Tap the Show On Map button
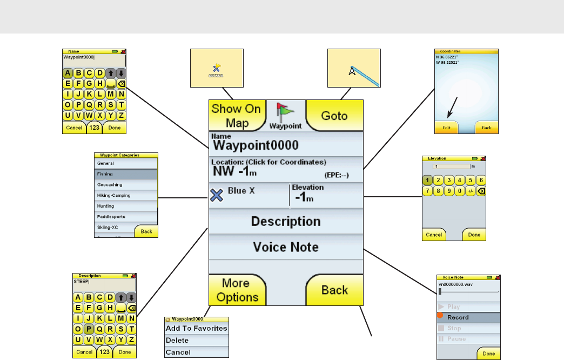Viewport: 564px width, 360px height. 236,116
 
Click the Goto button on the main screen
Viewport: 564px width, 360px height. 334,116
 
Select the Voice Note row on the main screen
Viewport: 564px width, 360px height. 286,247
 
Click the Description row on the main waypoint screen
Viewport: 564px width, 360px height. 286,222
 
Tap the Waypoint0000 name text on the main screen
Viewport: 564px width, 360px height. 256,145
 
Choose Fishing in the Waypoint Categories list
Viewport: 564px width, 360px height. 126,174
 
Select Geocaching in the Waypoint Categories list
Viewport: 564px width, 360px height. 126,185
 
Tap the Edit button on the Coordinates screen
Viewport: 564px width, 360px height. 446,128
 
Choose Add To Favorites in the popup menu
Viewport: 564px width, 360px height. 196,328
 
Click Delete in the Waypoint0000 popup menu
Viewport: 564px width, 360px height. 196,341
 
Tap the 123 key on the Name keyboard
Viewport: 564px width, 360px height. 95,128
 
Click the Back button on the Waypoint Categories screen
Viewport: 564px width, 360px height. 146,231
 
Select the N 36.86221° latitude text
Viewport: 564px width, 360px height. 448,57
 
